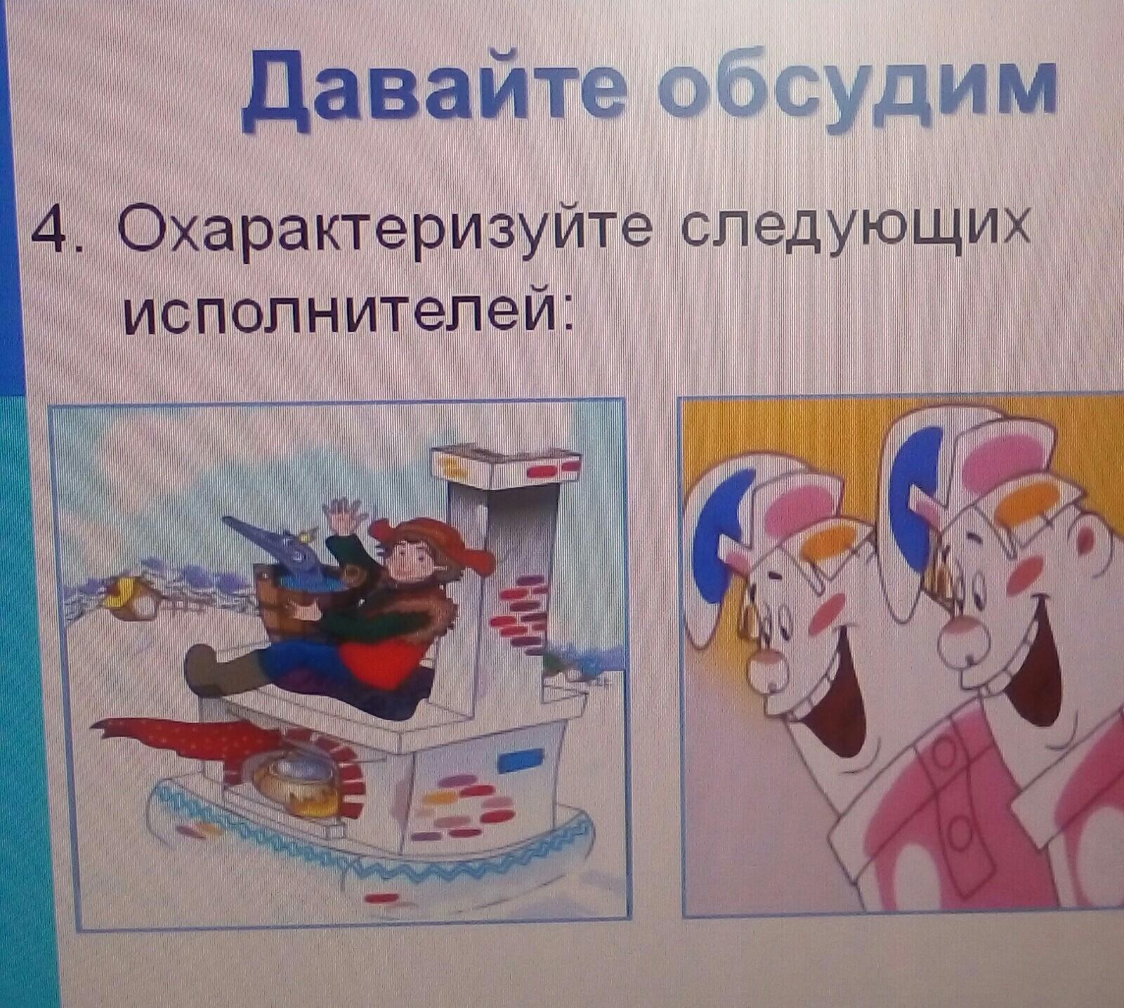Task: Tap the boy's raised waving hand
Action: pos(346,517)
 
